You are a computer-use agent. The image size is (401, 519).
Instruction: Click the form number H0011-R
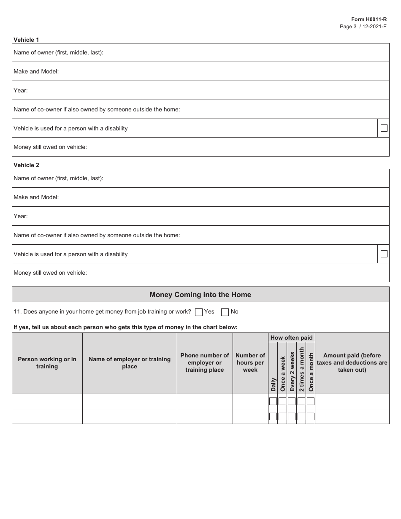click(x=369, y=19)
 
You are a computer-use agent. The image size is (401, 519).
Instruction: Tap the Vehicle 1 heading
click(x=26, y=40)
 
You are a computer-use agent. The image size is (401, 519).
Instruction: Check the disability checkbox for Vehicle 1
click(x=384, y=128)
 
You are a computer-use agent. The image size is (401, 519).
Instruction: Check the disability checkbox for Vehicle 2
click(x=384, y=254)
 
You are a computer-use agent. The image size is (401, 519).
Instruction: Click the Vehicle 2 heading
click(x=26, y=165)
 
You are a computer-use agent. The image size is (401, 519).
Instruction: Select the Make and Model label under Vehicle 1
click(x=36, y=71)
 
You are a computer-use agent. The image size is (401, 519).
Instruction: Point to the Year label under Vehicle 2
click(x=20, y=216)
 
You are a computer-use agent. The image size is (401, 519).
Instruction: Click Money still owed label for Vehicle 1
click(x=50, y=147)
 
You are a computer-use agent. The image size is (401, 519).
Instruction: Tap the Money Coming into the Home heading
click(x=200, y=295)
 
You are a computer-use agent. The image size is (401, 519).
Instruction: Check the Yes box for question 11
click(x=199, y=312)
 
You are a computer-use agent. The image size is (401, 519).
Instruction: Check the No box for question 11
click(x=225, y=312)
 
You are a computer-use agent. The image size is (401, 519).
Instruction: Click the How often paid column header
click(x=291, y=338)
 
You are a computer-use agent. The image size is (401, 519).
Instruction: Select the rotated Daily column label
click(x=273, y=384)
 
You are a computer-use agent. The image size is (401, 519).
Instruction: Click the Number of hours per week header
click(x=250, y=362)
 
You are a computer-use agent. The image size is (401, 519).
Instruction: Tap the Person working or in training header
click(x=47, y=362)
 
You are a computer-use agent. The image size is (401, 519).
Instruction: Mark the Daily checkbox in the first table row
click(x=273, y=401)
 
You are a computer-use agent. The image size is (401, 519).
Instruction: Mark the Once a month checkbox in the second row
click(x=311, y=416)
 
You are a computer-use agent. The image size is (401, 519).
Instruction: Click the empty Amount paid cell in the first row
click(x=352, y=401)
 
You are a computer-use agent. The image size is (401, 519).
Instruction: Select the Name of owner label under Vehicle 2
click(x=58, y=178)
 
